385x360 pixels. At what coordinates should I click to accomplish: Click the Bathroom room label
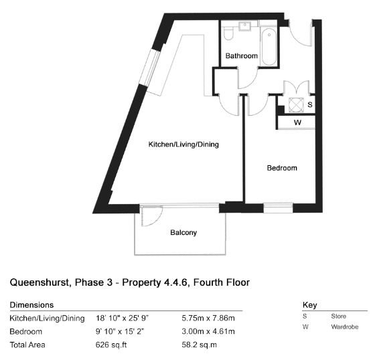click(x=241, y=56)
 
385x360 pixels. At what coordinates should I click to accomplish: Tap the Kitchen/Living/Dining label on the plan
click(x=183, y=145)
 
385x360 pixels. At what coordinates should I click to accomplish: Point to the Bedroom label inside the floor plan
click(x=282, y=168)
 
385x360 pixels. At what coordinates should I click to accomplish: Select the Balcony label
click(x=183, y=232)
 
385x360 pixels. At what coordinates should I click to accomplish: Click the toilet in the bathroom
click(x=228, y=33)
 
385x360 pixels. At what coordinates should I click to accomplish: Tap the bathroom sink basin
click(x=245, y=25)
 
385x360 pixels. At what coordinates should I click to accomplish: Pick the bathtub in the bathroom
click(x=269, y=46)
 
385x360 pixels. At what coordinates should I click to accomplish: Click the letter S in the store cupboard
click(x=310, y=104)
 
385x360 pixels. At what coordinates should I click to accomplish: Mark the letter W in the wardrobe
click(x=297, y=122)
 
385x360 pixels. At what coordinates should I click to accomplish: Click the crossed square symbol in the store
click(x=296, y=105)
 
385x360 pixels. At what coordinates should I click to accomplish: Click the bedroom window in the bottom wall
click(x=278, y=208)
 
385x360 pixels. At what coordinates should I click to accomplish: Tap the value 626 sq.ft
click(x=111, y=345)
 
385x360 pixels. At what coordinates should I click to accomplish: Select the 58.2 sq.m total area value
click(x=199, y=345)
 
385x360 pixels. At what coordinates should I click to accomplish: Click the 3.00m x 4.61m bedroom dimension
click(x=208, y=331)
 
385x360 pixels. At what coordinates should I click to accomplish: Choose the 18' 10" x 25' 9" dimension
click(x=123, y=319)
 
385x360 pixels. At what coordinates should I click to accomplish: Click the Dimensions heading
click(x=31, y=305)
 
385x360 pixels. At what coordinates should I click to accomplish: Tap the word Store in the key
click(x=339, y=316)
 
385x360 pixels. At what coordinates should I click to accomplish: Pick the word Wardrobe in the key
click(x=345, y=327)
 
